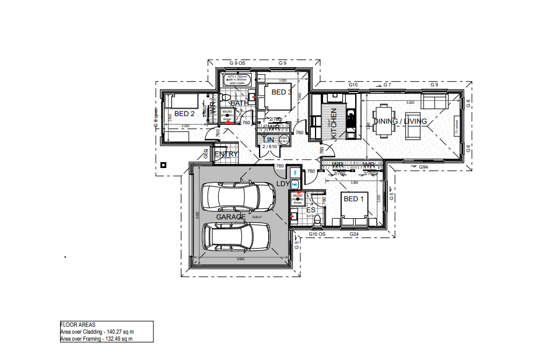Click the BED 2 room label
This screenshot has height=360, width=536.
click(x=184, y=113)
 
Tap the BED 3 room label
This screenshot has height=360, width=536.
click(x=281, y=92)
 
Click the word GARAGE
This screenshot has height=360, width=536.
click(x=231, y=216)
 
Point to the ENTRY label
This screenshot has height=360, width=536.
click(x=226, y=154)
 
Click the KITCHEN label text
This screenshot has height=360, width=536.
click(x=334, y=123)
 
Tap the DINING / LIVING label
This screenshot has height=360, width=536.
click(x=400, y=121)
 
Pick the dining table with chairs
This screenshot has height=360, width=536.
click(x=383, y=118)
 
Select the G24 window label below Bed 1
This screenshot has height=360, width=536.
click(x=353, y=234)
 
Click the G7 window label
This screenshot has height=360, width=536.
click(x=387, y=85)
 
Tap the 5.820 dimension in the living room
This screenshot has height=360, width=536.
click(x=410, y=103)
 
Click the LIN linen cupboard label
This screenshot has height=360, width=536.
click(x=269, y=140)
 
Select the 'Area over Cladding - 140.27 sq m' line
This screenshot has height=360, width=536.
click(x=97, y=331)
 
